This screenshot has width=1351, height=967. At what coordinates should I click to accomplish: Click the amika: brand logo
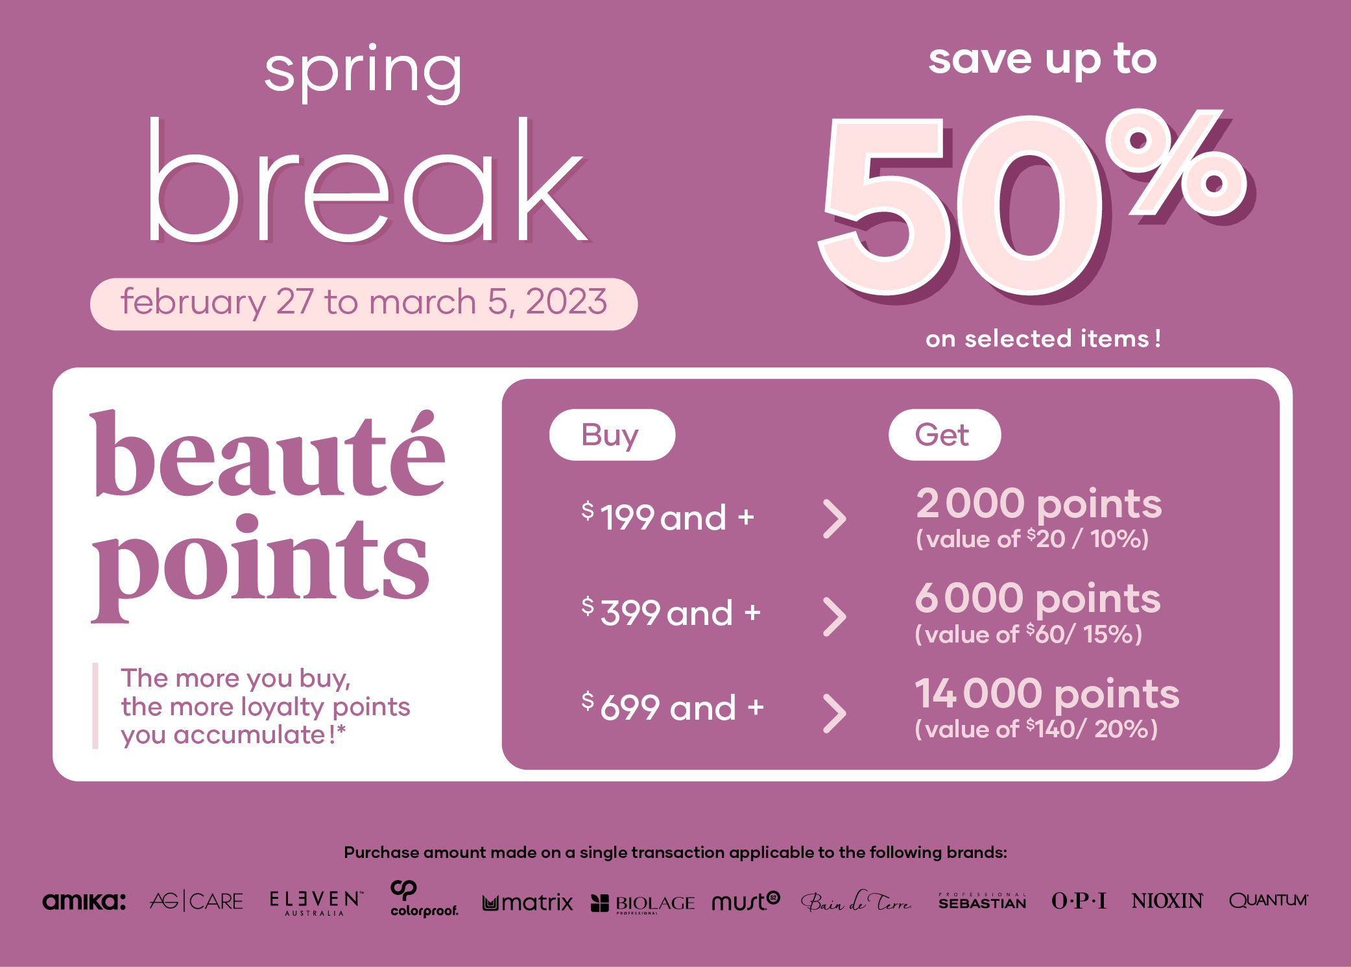tap(84, 901)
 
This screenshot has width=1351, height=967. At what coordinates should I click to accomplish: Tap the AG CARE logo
tap(197, 901)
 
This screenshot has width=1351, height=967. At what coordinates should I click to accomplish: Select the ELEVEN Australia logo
tap(315, 902)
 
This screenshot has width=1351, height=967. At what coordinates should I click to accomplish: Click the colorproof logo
tap(424, 900)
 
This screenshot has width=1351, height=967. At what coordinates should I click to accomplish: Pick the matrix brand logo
tap(528, 902)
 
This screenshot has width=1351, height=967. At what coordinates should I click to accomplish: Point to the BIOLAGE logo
tap(643, 903)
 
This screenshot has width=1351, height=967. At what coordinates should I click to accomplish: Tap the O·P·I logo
tap(1079, 901)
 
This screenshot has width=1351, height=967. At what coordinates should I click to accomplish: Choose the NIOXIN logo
tap(1167, 901)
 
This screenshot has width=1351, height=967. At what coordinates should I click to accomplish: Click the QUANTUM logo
tap(1268, 901)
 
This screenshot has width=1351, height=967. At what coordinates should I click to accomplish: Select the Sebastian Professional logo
tap(982, 901)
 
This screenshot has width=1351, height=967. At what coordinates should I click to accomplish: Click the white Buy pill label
tap(612, 435)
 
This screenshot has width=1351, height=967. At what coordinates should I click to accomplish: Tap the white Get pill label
tap(944, 435)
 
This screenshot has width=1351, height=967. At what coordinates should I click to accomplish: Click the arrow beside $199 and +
tap(835, 519)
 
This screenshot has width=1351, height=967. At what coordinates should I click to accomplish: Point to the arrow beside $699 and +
tap(835, 713)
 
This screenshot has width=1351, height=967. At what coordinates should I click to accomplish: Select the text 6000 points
tap(1037, 598)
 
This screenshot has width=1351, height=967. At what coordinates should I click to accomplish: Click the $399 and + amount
tap(671, 613)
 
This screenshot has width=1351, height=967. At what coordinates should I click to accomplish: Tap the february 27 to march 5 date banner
tap(364, 303)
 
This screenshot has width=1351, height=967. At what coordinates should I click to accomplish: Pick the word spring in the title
tap(363, 73)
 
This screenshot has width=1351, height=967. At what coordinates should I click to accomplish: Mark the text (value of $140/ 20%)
tap(1036, 729)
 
